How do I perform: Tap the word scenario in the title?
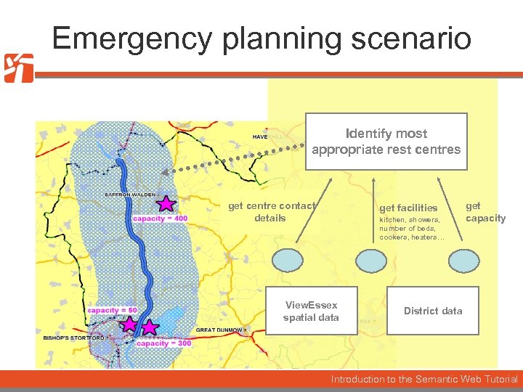pyautogui.click(x=411, y=38)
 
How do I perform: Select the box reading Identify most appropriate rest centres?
pyautogui.click(x=386, y=142)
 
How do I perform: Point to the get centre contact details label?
pyautogui.click(x=271, y=212)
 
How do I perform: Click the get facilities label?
pyautogui.click(x=408, y=208)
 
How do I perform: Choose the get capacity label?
pyautogui.click(x=485, y=212)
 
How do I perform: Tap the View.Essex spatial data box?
pyautogui.click(x=311, y=311)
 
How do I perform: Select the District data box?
pyautogui.click(x=433, y=311)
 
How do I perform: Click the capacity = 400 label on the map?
pyautogui.click(x=160, y=219)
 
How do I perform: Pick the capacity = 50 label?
pyautogui.click(x=112, y=311)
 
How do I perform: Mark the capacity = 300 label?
pyautogui.click(x=164, y=343)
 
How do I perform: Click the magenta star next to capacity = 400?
pyautogui.click(x=166, y=203)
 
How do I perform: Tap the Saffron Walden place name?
pyautogui.click(x=129, y=195)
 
